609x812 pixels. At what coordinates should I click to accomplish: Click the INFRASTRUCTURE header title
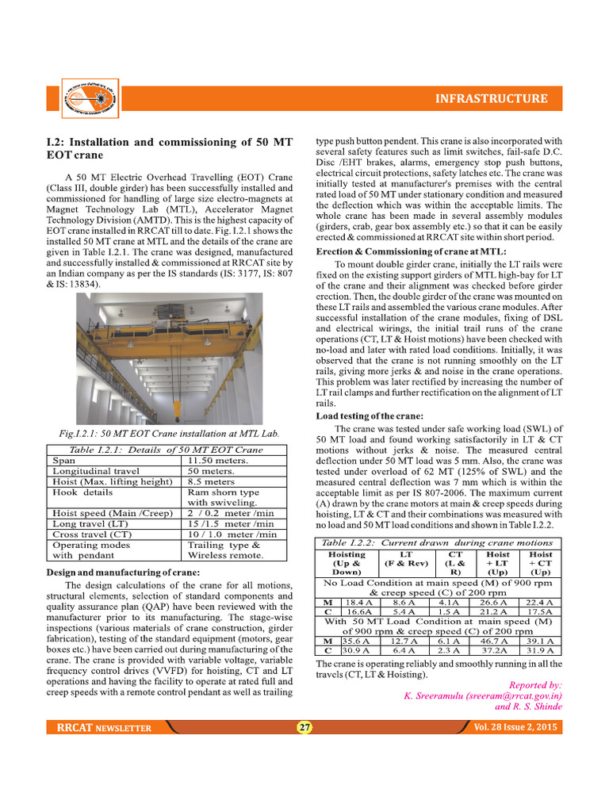pos(491,99)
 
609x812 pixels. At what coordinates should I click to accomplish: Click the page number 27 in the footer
pos(304,727)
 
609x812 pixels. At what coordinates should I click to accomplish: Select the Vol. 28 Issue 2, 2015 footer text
pos(515,727)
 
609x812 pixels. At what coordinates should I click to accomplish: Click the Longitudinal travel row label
pos(96,471)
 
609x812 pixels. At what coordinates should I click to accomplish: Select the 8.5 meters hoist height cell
pos(211,481)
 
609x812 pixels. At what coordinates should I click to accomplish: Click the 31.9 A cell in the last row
pos(540,651)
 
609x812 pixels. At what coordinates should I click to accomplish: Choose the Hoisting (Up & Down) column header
pos(347,562)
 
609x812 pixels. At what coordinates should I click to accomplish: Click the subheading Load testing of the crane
pos(369,416)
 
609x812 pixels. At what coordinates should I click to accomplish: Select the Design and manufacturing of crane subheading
pos(123,573)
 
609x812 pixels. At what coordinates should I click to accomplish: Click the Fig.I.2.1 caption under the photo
pos(169,434)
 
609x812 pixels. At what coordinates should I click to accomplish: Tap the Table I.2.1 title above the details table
pos(167,450)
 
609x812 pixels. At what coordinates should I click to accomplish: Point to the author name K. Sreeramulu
pos(434,695)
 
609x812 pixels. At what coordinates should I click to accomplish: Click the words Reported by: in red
pos(535,684)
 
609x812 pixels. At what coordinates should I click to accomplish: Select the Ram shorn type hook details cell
pos(223,492)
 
